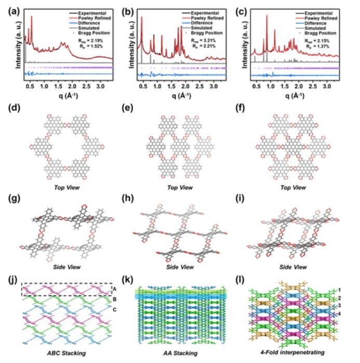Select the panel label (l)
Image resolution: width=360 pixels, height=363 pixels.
tap(249, 275)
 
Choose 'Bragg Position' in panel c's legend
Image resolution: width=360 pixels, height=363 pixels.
tap(322, 32)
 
